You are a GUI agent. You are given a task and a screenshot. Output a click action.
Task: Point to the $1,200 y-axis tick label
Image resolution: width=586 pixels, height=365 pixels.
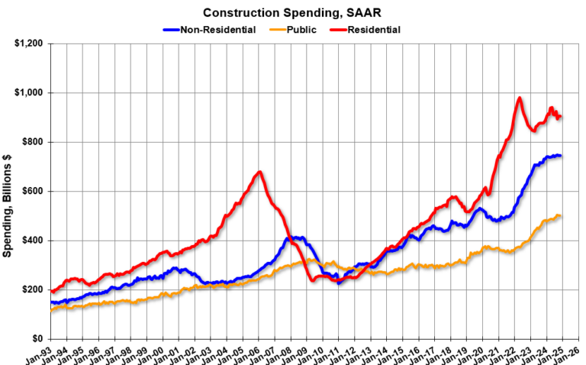28,44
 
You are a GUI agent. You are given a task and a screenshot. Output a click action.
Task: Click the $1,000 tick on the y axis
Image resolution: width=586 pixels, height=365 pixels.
28,93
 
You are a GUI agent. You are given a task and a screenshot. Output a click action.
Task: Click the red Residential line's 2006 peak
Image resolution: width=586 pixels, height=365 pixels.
259,172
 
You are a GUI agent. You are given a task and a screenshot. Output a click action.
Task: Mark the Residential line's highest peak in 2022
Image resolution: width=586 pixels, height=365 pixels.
520,98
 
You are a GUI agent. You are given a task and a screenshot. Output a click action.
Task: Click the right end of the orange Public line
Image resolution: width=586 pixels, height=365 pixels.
561,216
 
